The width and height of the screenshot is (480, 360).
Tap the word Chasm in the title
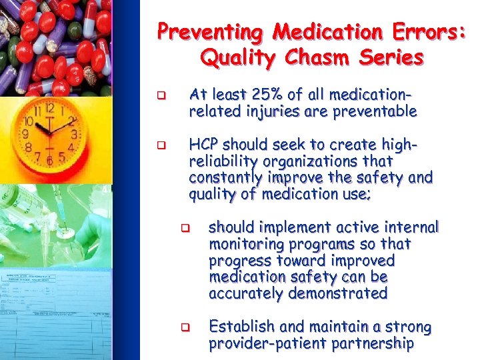tap(325, 59)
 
